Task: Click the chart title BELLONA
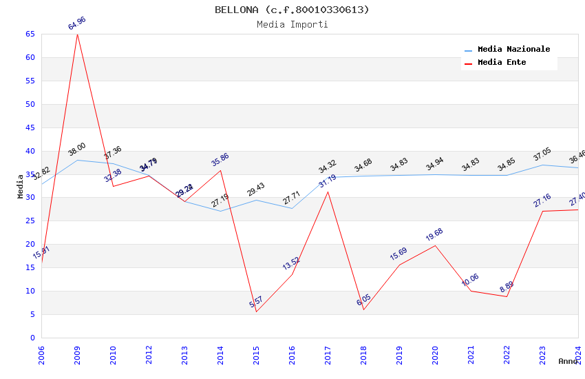tap(292, 10)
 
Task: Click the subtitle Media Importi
tap(292, 24)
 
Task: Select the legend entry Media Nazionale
tap(513, 49)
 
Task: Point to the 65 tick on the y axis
tap(30, 34)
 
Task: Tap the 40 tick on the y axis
tap(30, 151)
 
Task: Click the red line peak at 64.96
tap(77, 34)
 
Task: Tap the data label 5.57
tap(256, 302)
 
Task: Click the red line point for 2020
tap(435, 246)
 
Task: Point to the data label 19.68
tap(434, 235)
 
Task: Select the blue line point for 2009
tap(77, 160)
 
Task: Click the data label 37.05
tap(542, 154)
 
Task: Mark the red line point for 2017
tap(328, 192)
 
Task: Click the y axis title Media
tap(21, 186)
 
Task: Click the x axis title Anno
tap(568, 361)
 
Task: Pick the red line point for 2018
tap(363, 309)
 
